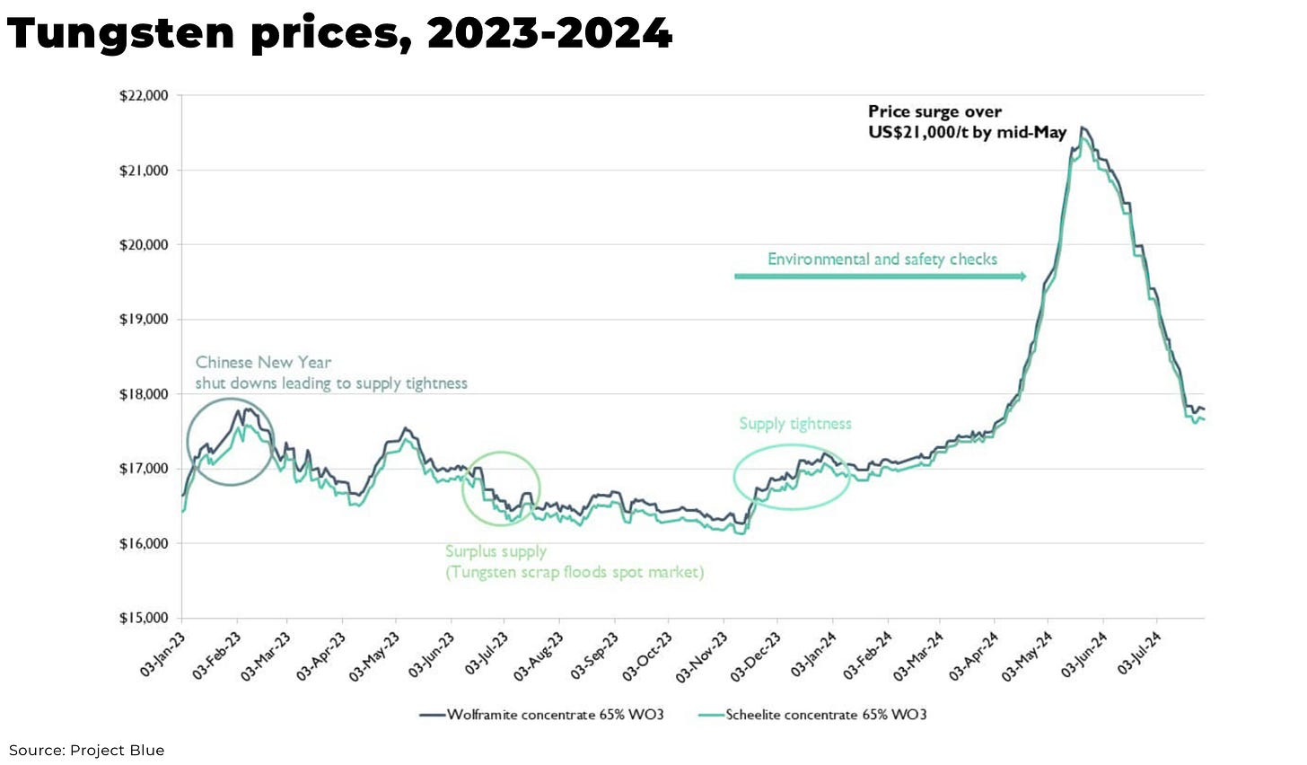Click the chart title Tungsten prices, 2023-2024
coord(339,34)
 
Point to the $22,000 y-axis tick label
coord(144,96)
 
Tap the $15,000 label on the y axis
coord(144,619)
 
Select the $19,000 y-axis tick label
coord(144,320)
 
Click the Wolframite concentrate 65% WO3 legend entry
coord(542,715)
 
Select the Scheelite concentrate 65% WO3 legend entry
coord(812,715)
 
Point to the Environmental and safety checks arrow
coord(880,277)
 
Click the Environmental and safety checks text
coord(882,259)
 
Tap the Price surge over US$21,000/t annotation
coord(967,122)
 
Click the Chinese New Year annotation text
coord(331,373)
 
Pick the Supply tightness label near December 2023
coord(795,424)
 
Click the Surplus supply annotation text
coord(574,562)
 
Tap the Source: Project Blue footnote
coord(87,751)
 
